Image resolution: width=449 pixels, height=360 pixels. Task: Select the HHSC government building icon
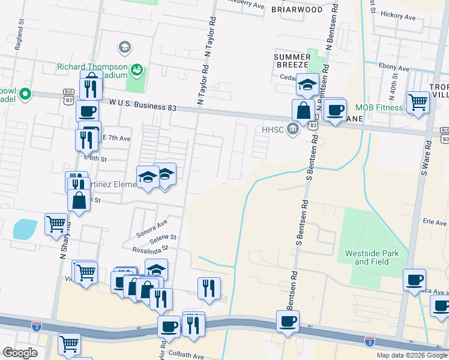pos(292,128)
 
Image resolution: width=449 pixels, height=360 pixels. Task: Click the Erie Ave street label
pos(435,223)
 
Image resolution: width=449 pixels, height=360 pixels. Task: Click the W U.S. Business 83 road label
pos(143,106)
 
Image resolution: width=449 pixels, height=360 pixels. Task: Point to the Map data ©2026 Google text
pos(411,355)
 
